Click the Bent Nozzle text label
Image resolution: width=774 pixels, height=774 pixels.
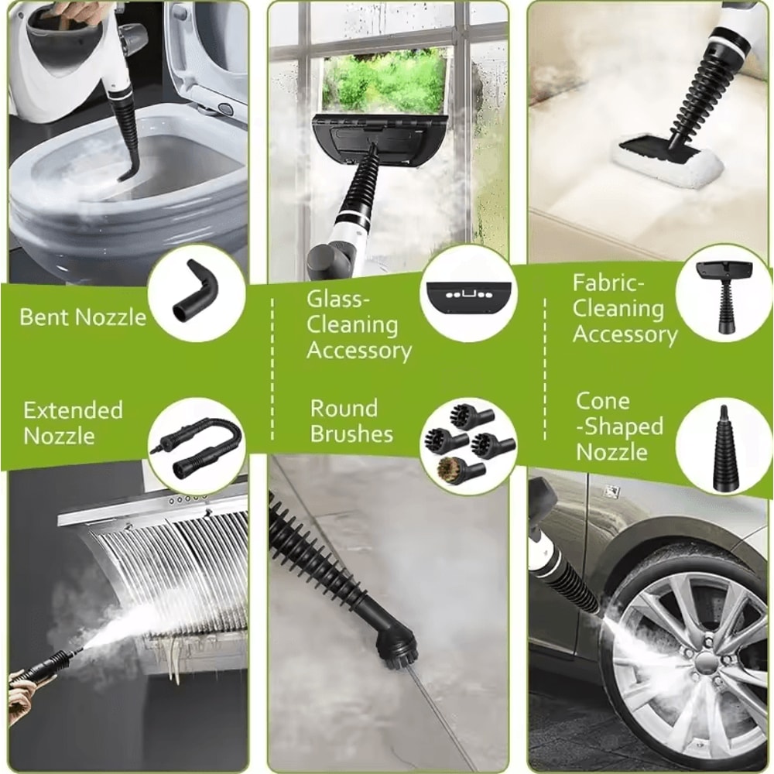click(82, 317)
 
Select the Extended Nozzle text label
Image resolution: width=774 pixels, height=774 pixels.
click(73, 423)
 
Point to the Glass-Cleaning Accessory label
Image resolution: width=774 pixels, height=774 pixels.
click(358, 324)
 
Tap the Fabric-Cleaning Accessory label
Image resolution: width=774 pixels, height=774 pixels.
click(624, 309)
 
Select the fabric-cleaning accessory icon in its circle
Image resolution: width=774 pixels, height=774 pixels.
click(724, 292)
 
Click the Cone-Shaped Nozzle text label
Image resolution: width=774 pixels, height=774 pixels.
click(618, 426)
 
